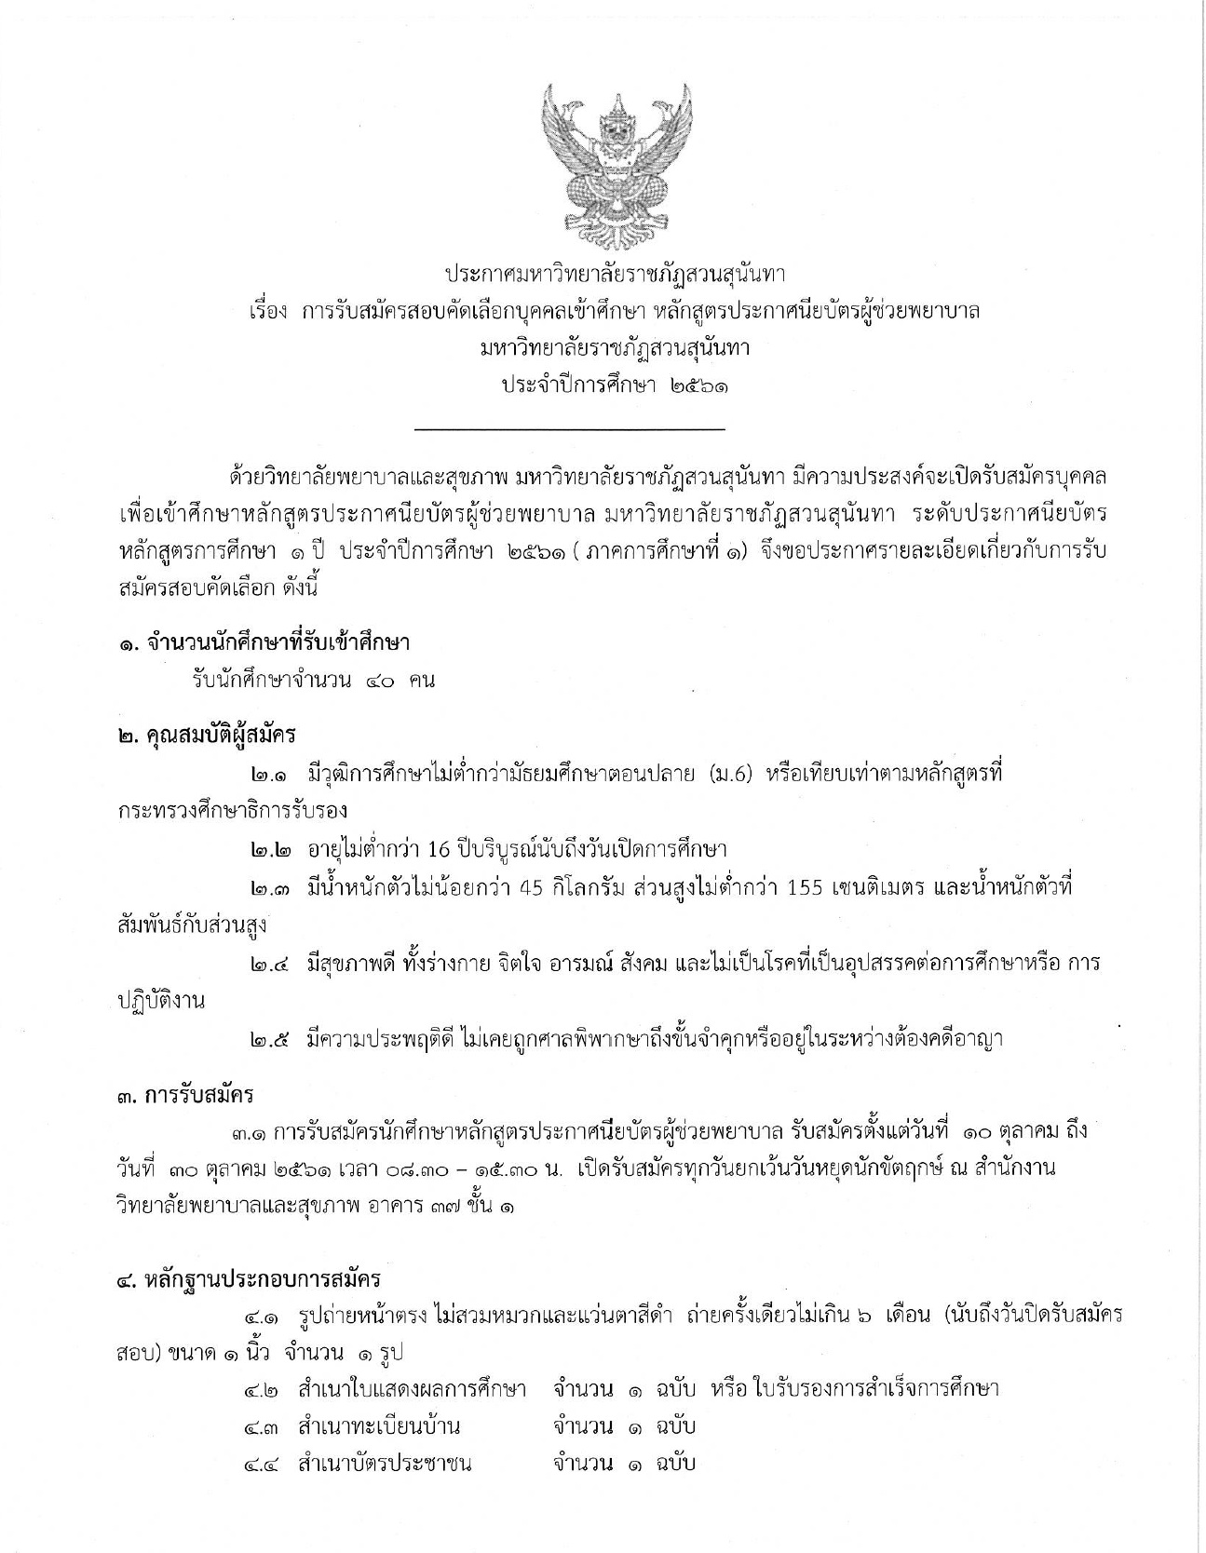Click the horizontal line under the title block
click(569, 429)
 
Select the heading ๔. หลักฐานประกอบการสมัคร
click(250, 1277)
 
